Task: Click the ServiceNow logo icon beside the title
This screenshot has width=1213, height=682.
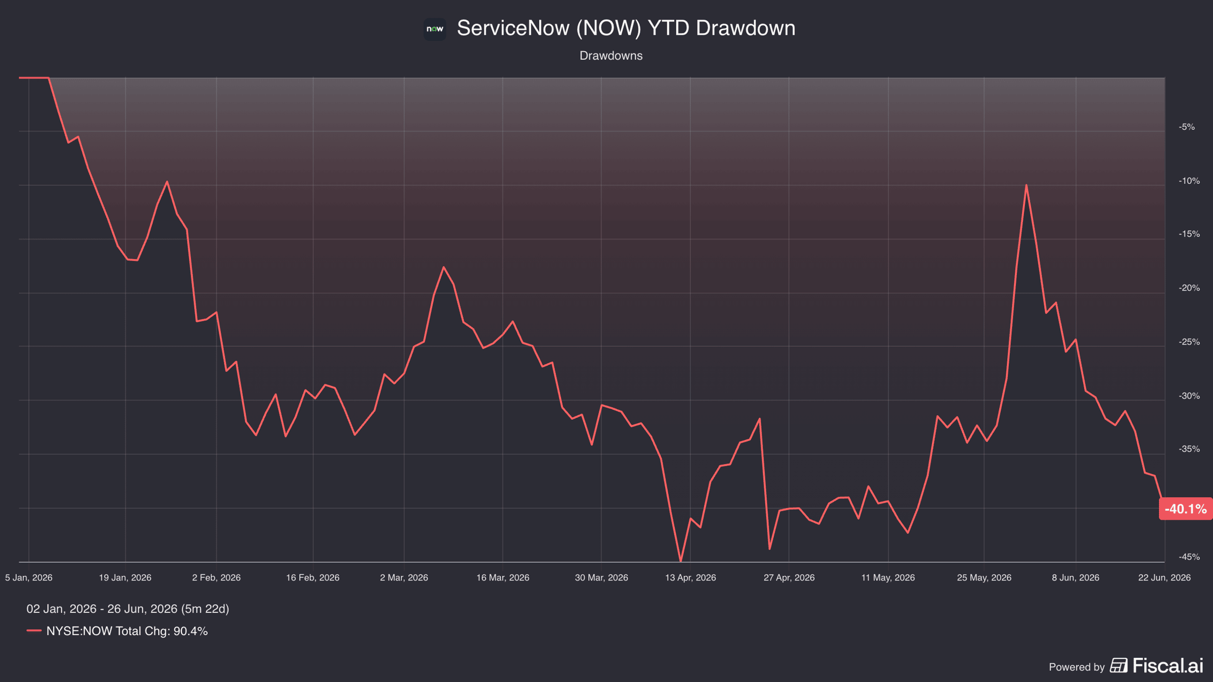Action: [435, 29]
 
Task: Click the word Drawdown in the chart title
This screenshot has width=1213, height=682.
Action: [745, 28]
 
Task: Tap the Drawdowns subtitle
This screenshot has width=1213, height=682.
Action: [611, 56]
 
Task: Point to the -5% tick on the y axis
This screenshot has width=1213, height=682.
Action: [1187, 127]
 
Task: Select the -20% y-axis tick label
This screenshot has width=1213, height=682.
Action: [1189, 288]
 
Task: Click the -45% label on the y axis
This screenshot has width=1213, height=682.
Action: [1189, 557]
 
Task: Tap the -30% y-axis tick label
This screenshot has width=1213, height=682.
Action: [1189, 396]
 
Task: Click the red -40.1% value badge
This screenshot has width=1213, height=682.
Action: [1186, 509]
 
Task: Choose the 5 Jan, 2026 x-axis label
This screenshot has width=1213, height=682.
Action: [29, 577]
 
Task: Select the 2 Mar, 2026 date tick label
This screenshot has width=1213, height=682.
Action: [404, 577]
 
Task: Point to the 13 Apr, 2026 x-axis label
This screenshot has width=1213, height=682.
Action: [690, 577]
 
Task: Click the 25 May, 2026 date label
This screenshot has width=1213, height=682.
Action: [984, 577]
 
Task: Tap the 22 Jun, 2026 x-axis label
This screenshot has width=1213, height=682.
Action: [1164, 577]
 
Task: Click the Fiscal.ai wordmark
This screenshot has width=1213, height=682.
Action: [1168, 666]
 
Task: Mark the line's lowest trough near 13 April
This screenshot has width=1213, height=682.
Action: [680, 561]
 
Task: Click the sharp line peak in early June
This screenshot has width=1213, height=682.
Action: [1026, 185]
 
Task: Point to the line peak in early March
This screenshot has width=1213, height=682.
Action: [444, 267]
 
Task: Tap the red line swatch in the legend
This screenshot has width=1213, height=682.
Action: [34, 630]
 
